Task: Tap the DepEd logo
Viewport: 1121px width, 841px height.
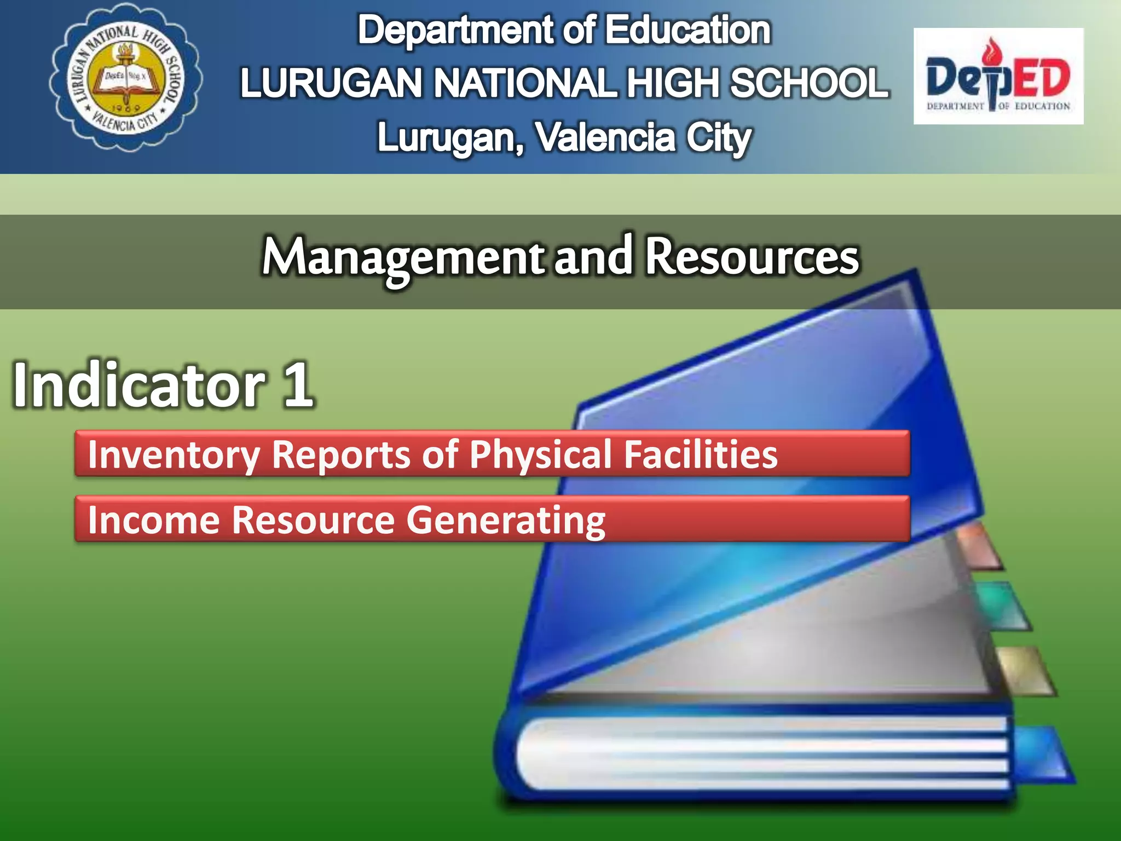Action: (x=998, y=77)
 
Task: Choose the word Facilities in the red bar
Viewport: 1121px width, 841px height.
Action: (x=701, y=454)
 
